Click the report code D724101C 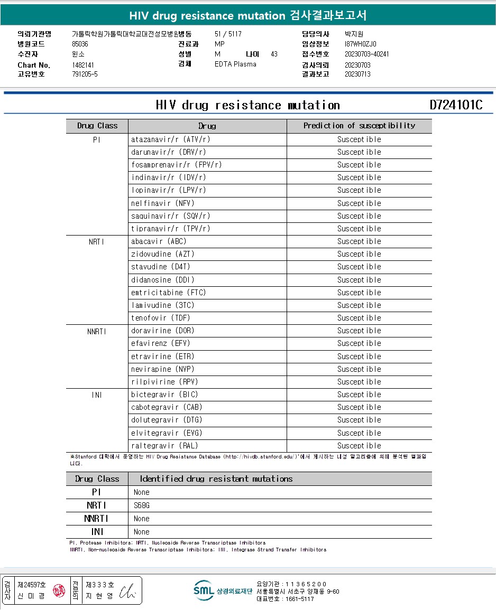click(456, 105)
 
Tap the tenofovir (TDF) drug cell click(160, 318)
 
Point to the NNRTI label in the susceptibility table click(97, 331)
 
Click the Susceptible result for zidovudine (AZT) click(359, 254)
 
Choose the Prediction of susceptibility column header click(359, 126)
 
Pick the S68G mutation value click(142, 505)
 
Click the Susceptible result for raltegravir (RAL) click(359, 446)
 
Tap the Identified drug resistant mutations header click(216, 479)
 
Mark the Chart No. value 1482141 click(83, 65)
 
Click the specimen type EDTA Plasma click(235, 64)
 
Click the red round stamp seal click(59, 590)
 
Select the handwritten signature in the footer click(127, 591)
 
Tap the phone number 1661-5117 click(294, 599)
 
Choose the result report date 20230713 click(357, 74)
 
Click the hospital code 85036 click(80, 44)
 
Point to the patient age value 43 click(274, 54)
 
